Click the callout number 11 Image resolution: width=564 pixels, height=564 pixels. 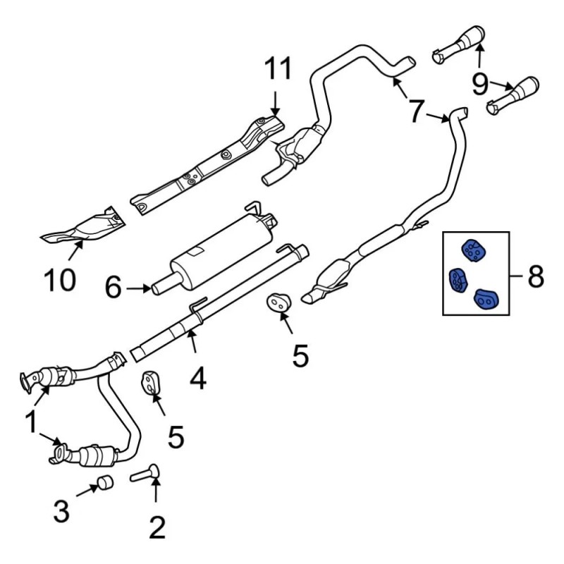click(x=277, y=71)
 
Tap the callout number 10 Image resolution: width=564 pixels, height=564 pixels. click(x=58, y=280)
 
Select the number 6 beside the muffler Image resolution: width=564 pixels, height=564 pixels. click(x=114, y=288)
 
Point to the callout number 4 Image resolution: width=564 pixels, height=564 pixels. click(x=198, y=379)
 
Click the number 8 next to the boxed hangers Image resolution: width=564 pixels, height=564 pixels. click(x=535, y=276)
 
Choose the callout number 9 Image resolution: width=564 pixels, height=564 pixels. click(x=480, y=85)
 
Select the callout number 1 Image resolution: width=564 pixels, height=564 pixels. click(x=31, y=423)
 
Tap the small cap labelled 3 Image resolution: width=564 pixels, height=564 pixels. click(x=105, y=484)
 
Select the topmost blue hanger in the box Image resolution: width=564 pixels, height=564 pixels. click(x=471, y=250)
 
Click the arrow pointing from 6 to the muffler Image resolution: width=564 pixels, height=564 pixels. click(x=137, y=288)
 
